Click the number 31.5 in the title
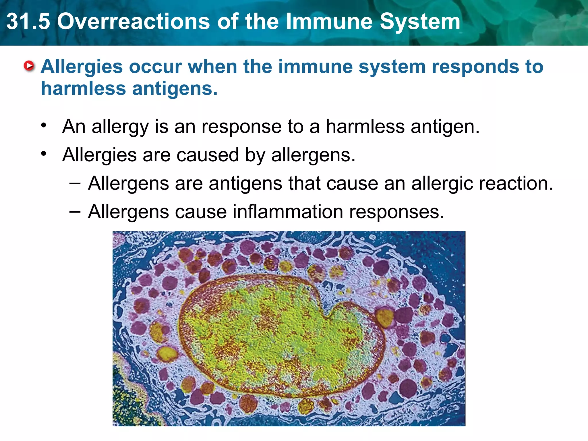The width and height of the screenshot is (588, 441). coord(28,22)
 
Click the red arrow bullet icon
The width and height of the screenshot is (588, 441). coord(29,66)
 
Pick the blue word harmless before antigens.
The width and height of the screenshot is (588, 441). coord(83,88)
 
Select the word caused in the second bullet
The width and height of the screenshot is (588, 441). coord(207,155)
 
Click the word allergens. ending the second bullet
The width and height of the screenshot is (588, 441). coord(313,155)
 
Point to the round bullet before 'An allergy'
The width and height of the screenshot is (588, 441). coord(44,125)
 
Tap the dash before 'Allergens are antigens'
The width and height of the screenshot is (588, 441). coord(75,183)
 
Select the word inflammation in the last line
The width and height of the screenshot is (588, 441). coord(287,212)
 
